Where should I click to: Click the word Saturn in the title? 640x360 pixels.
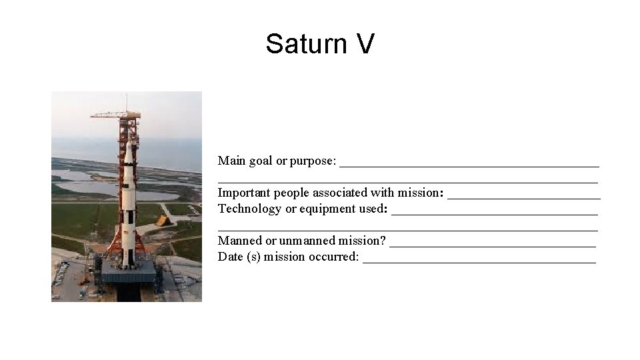[x=302, y=44]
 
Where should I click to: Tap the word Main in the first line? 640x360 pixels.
[x=231, y=161]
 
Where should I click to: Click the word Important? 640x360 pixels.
[x=243, y=193]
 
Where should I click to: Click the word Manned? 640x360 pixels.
[x=239, y=241]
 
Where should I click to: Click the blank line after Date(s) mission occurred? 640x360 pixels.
[x=479, y=261]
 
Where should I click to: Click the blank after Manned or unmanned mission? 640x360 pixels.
[x=492, y=245]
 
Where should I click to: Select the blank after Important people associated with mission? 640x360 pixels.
[x=523, y=197]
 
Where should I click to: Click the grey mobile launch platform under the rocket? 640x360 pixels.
[x=128, y=274]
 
